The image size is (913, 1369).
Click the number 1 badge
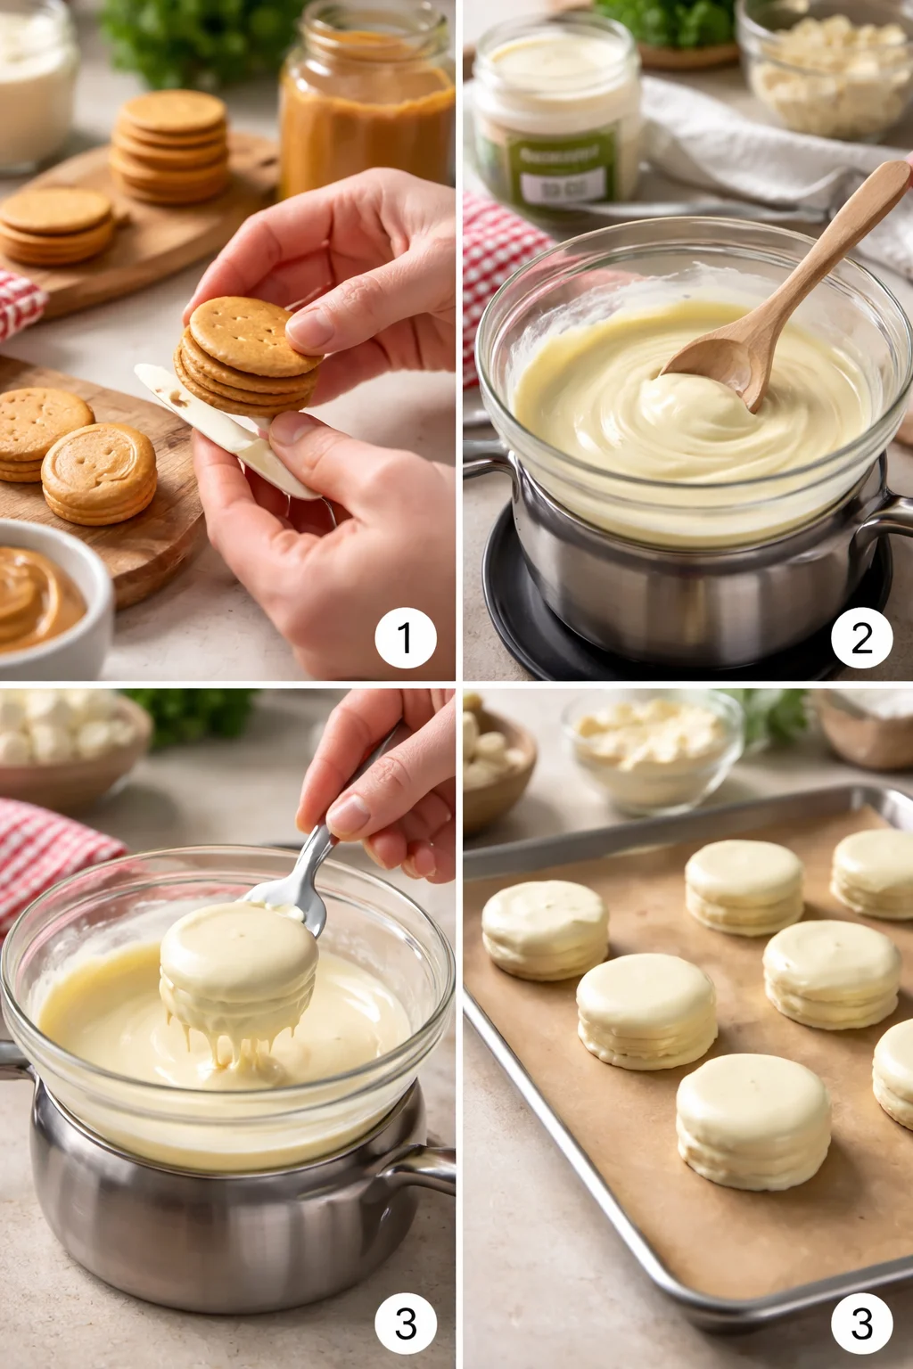tap(406, 638)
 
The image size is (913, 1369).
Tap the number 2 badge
tap(861, 638)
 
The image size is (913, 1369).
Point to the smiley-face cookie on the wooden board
tap(99, 472)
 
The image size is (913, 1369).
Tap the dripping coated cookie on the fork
tap(238, 971)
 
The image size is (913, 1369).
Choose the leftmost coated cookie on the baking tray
tap(545, 928)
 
